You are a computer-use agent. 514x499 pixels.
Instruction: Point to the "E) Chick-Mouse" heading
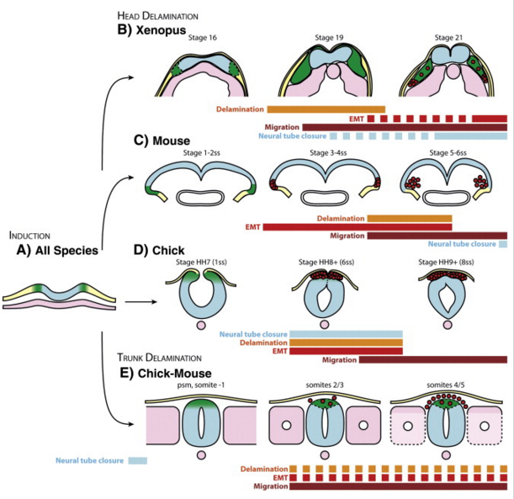(169, 374)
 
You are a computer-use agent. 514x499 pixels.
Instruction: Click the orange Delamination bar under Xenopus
(326, 109)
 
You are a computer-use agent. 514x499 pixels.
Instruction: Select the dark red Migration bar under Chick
(432, 359)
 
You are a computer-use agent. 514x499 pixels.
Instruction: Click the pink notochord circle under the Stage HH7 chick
(202, 323)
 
